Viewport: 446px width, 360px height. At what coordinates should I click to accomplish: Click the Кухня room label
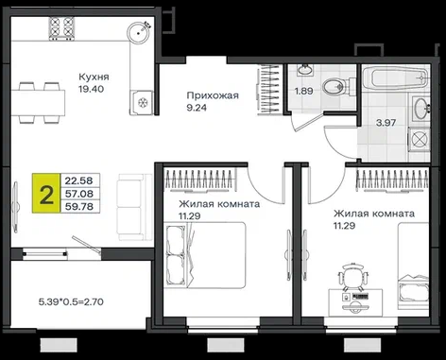click(94, 77)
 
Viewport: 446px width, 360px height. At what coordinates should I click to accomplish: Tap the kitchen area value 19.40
click(91, 89)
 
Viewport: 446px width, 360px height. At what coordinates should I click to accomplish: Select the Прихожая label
click(213, 95)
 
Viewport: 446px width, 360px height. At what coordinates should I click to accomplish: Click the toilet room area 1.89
click(303, 92)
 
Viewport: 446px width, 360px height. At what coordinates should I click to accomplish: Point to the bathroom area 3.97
click(386, 123)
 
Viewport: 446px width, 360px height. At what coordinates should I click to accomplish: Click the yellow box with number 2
click(46, 193)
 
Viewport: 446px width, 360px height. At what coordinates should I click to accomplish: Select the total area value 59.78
click(79, 207)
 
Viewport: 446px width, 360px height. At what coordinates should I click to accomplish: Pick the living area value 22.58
click(79, 180)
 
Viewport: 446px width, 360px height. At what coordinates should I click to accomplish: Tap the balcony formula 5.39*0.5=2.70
click(71, 302)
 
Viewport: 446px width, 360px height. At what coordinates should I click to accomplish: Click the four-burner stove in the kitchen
click(61, 28)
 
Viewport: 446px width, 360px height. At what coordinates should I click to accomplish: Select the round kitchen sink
click(138, 32)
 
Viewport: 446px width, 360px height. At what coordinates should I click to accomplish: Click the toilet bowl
click(334, 86)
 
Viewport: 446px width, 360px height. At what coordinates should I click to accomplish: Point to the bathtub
click(395, 77)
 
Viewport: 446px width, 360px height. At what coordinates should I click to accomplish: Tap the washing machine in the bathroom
click(420, 139)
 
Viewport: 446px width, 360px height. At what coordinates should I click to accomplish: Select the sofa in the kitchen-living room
click(131, 207)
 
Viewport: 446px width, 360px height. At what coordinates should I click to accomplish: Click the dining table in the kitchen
click(38, 103)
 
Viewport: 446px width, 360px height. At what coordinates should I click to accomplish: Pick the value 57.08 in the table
click(79, 194)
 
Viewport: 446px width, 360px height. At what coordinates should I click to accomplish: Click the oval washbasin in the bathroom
click(420, 109)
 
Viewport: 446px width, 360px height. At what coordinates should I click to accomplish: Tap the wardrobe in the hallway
click(270, 90)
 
